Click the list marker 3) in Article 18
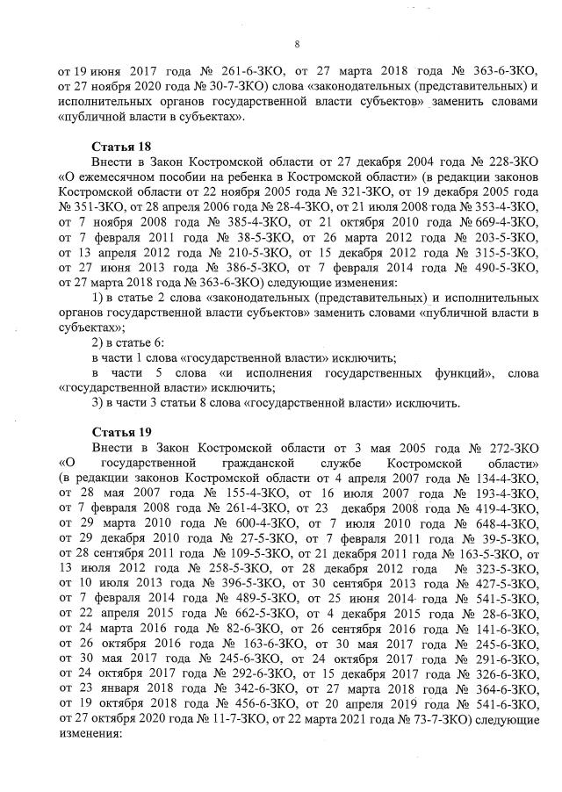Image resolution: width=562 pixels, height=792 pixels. [x=98, y=403]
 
